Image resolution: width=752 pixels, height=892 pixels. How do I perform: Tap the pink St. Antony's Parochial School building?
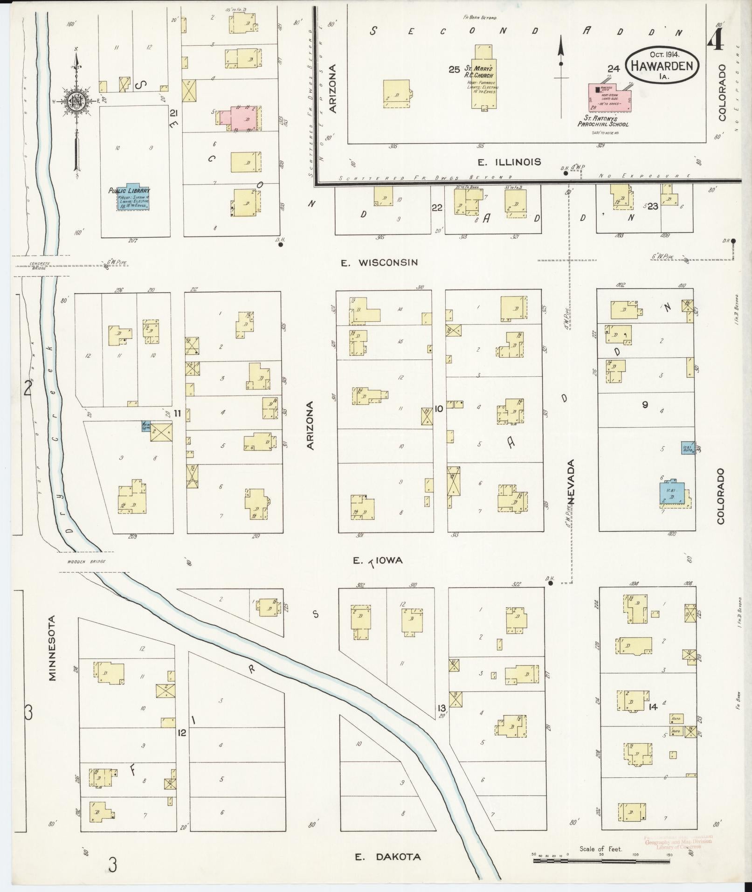point(608,98)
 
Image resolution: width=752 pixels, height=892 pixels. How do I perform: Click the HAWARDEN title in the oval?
point(662,66)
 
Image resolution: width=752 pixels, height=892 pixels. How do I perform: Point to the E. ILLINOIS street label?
point(509,162)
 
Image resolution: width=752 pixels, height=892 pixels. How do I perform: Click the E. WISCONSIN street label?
point(379,263)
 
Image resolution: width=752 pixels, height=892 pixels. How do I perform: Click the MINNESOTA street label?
point(52,648)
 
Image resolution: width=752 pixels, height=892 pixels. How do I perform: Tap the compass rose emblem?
point(76,100)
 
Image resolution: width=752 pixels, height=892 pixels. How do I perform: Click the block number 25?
point(454,69)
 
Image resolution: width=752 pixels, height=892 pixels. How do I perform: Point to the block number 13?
point(441,708)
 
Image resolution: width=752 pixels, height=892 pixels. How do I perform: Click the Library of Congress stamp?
point(678,842)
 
